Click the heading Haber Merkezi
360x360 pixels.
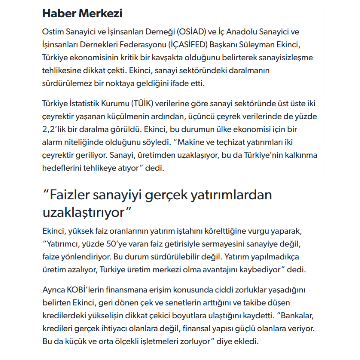(82, 14)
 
